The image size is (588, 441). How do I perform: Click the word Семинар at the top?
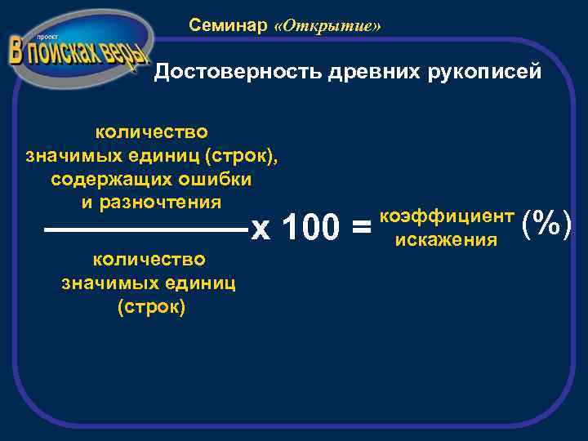228,25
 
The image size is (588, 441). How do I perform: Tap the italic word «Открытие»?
328,26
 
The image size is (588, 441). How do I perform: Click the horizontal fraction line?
147,231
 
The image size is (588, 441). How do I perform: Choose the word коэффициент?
447,216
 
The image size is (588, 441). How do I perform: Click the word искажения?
446,240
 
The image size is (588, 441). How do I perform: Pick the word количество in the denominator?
149,260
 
